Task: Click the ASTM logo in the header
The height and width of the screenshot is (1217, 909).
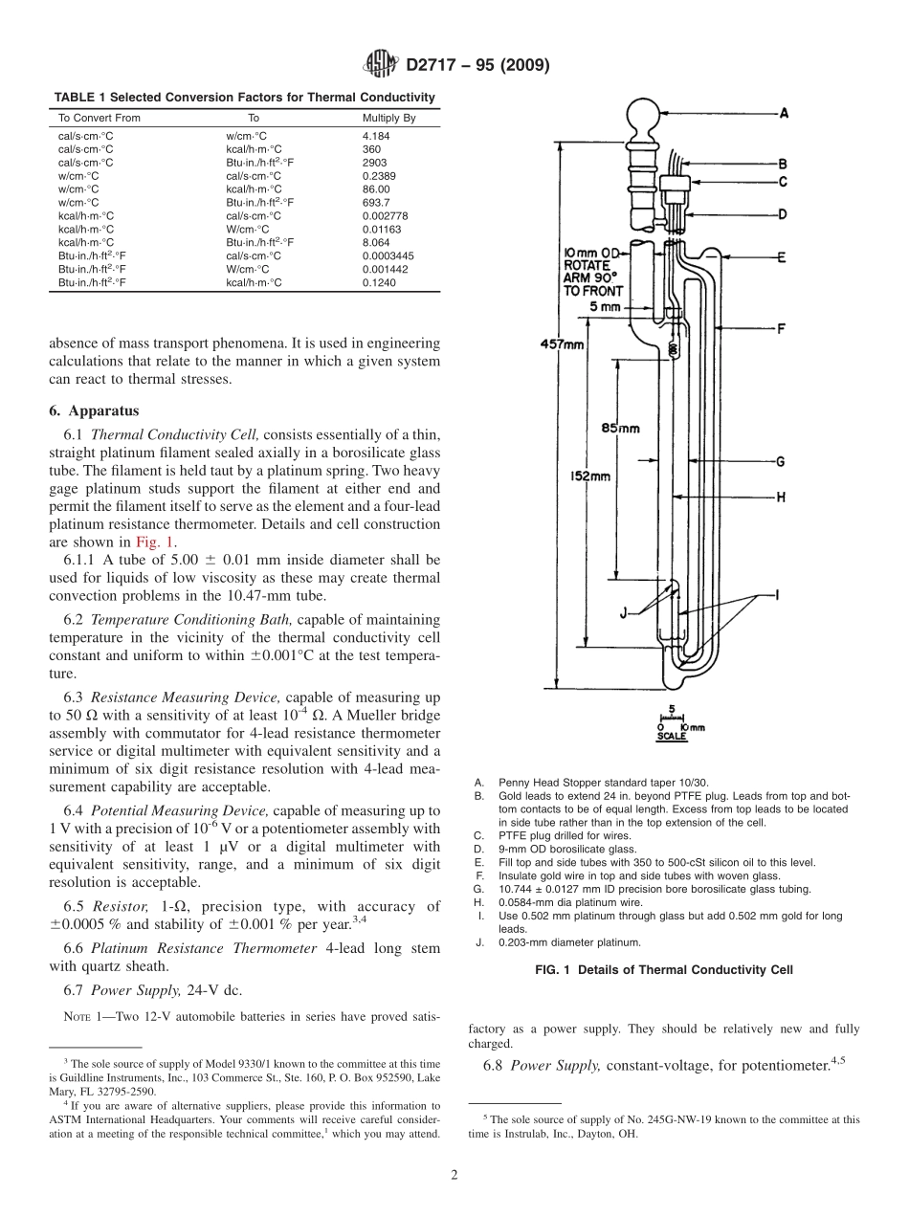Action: tap(383, 66)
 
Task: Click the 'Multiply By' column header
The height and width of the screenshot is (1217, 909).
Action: tap(388, 119)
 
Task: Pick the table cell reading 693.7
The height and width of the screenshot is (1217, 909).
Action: tap(376, 203)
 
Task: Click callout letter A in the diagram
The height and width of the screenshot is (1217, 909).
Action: tap(784, 113)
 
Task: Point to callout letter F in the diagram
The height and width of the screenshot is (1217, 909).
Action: tap(782, 329)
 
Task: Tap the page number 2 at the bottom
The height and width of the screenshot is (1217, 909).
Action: tap(454, 1176)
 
